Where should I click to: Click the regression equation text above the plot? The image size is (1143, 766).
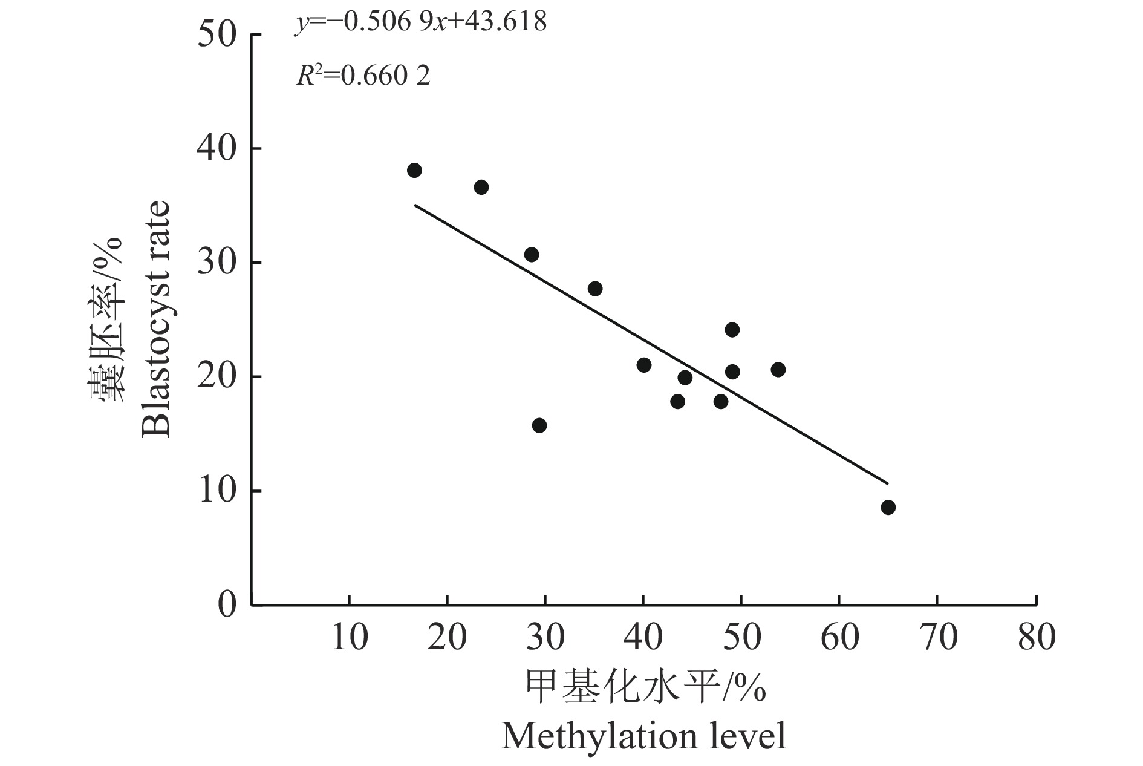(x=421, y=23)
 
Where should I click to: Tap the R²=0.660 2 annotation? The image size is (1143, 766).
(x=363, y=76)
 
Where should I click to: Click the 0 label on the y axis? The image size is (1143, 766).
(x=227, y=605)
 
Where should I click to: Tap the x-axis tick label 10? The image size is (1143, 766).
(x=350, y=637)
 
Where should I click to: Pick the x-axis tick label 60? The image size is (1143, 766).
(x=839, y=637)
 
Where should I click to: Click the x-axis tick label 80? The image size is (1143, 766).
(x=1036, y=637)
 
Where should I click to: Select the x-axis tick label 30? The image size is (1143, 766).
(x=545, y=637)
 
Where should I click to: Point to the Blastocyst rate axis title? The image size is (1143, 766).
(x=157, y=319)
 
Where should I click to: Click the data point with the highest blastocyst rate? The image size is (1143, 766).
(x=414, y=170)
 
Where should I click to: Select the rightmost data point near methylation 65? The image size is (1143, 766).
(x=888, y=507)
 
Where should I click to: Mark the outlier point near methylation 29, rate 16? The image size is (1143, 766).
(x=539, y=425)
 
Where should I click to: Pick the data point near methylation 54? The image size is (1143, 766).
(x=778, y=369)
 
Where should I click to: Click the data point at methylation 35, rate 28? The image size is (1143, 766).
(x=595, y=289)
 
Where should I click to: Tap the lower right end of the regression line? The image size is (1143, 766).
(x=887, y=483)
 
